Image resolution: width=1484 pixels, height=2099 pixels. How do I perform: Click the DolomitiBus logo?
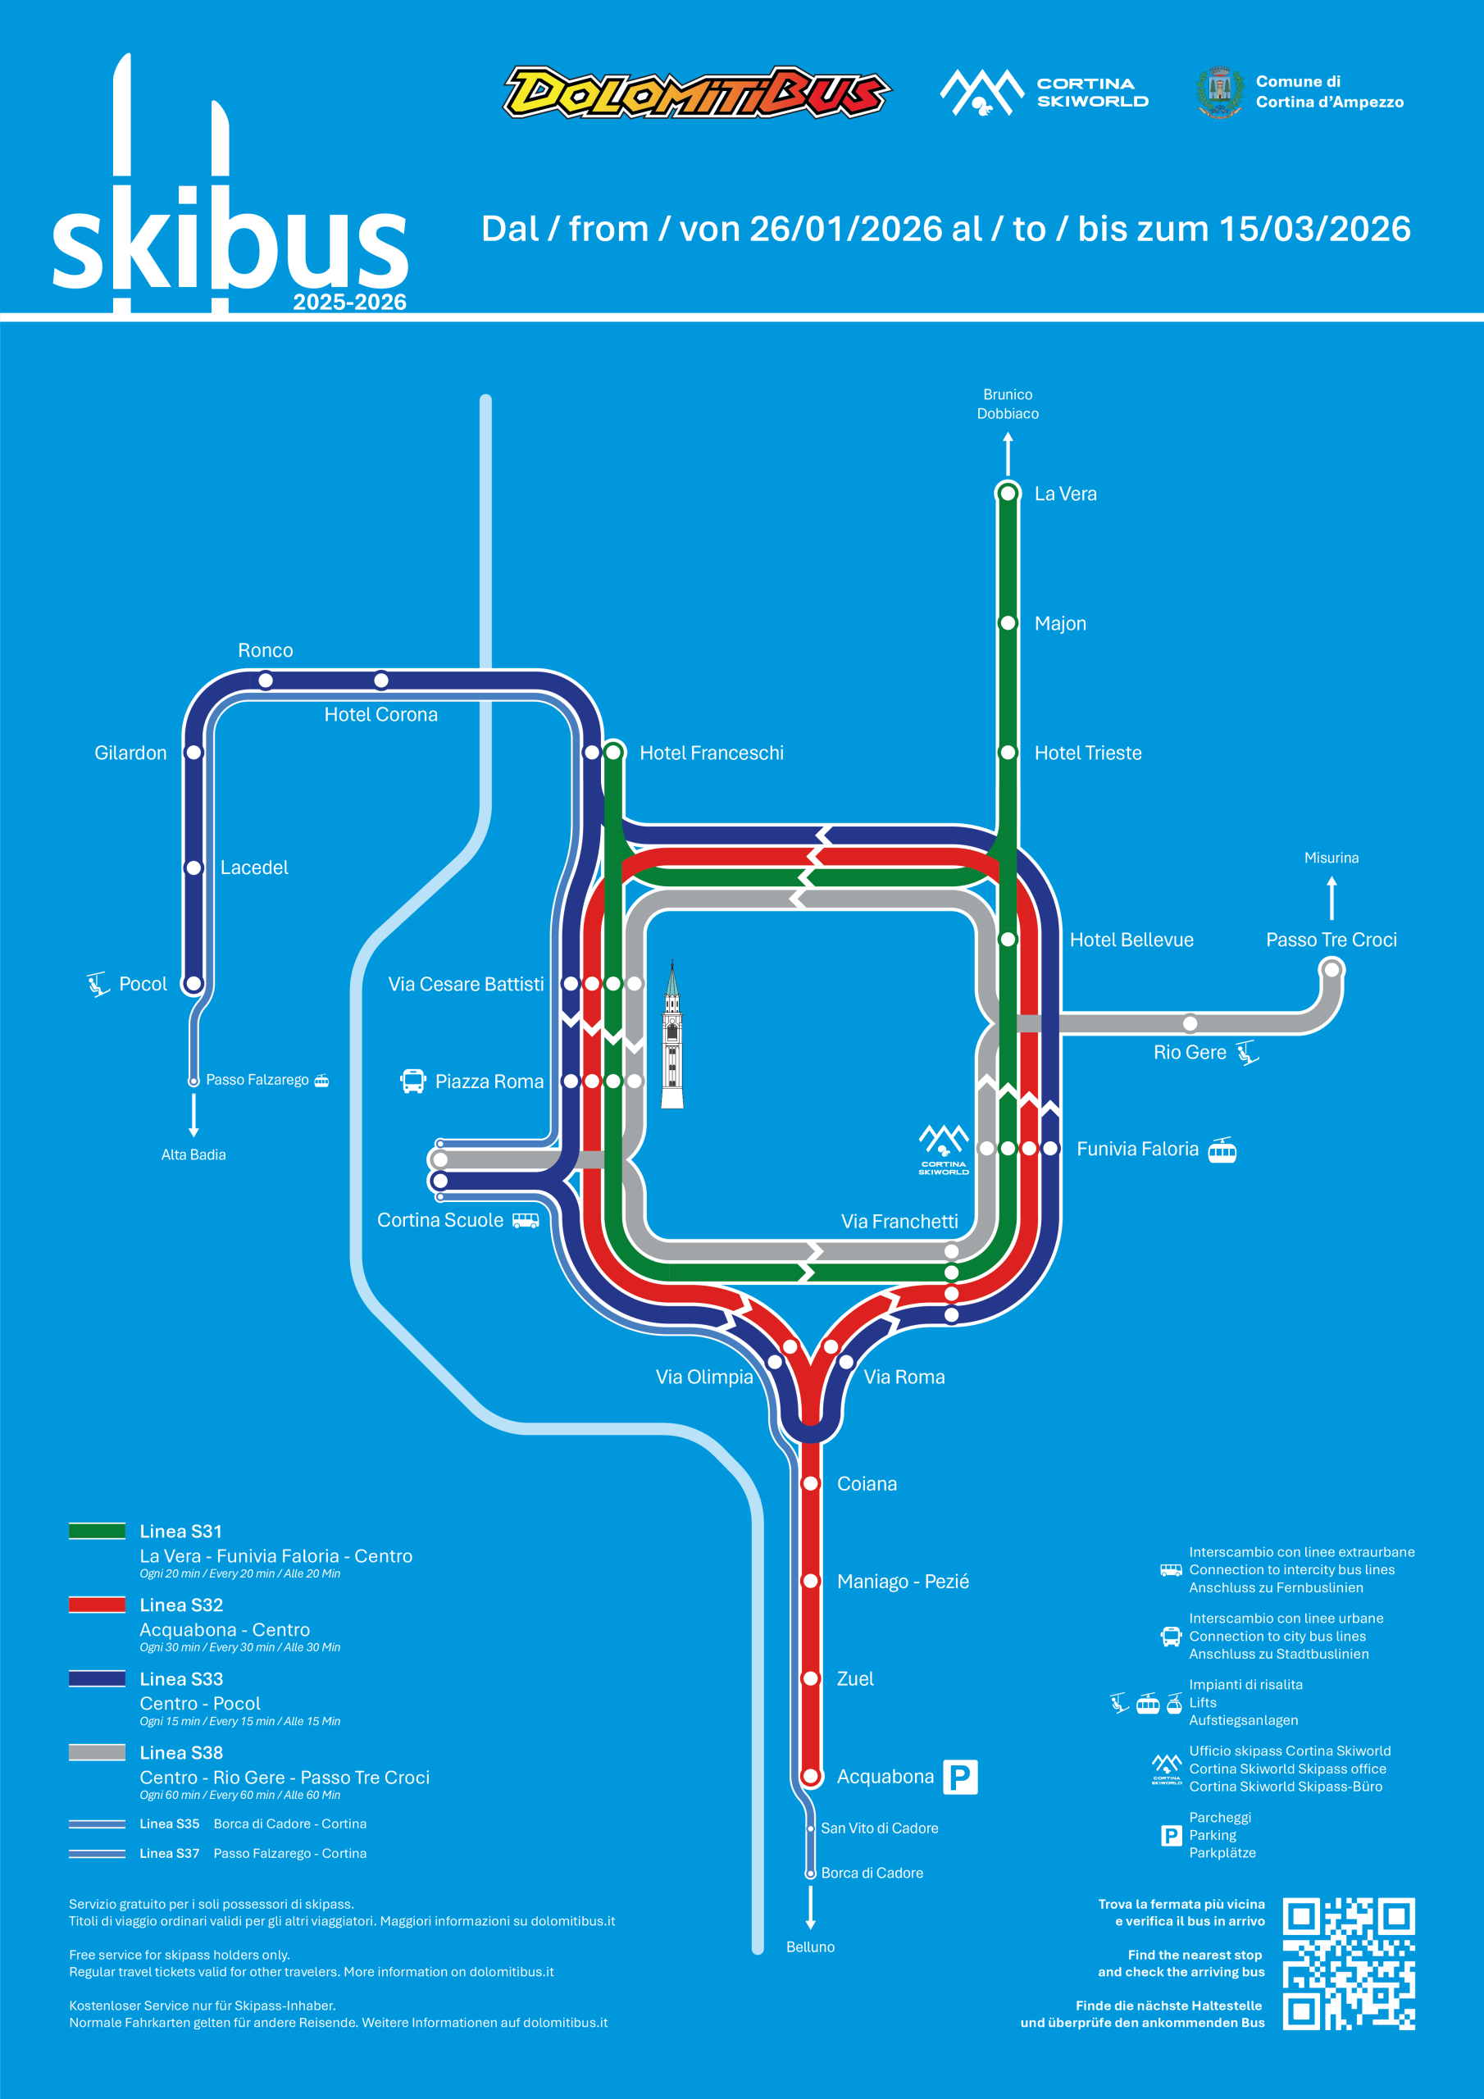(x=697, y=91)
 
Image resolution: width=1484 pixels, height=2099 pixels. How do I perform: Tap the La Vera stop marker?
(x=1008, y=493)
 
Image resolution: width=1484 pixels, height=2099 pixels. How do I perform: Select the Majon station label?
(x=1060, y=623)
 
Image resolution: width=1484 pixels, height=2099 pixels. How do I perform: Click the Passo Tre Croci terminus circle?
(x=1332, y=968)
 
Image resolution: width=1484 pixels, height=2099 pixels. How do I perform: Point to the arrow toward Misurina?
(x=1332, y=898)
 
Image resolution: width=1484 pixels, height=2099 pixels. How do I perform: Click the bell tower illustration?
(x=672, y=1034)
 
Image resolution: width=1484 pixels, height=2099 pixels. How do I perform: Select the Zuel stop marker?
(x=810, y=1678)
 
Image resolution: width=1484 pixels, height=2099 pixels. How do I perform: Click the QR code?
(x=1349, y=1964)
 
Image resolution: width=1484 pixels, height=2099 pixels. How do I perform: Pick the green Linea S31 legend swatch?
(x=97, y=1530)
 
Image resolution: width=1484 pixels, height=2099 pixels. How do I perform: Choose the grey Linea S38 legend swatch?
(x=97, y=1751)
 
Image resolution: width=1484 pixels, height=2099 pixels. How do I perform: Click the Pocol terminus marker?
(x=193, y=984)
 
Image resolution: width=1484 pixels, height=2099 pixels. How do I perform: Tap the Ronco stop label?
(x=265, y=650)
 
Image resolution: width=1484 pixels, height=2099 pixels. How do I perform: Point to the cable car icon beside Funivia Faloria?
(x=1222, y=1150)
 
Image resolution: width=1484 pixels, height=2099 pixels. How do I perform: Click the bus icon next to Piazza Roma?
(x=412, y=1081)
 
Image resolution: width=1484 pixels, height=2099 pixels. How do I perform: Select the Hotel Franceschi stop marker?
(x=613, y=753)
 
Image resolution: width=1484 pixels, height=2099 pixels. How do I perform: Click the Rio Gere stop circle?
(x=1190, y=1023)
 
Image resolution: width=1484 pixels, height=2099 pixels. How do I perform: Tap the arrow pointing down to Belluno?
(x=810, y=1907)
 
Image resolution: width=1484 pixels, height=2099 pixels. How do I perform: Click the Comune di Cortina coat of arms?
(x=1219, y=91)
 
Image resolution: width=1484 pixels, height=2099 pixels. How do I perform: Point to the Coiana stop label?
(x=867, y=1484)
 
